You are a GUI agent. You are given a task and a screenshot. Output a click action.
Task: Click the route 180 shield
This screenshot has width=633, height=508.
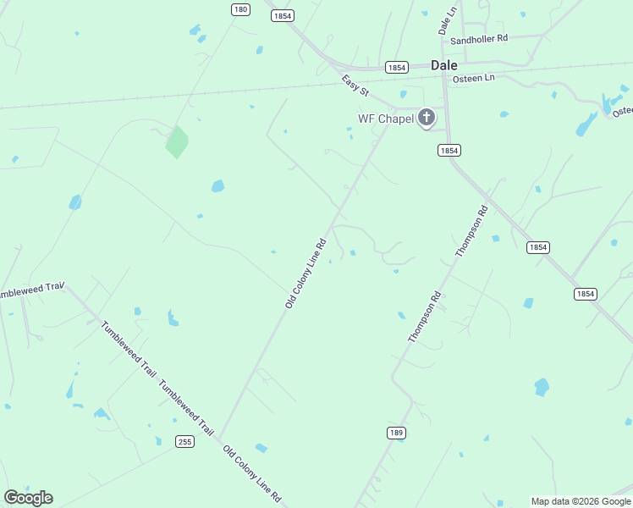tap(241, 9)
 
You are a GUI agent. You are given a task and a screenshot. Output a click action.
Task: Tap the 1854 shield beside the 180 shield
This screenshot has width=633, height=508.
tap(283, 15)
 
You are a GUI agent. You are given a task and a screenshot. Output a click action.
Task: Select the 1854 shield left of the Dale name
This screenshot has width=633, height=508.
tap(396, 67)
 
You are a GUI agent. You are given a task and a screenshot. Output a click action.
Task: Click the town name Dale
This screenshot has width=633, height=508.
tap(443, 64)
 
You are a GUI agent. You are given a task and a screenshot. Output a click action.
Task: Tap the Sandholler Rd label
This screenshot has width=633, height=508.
tap(479, 39)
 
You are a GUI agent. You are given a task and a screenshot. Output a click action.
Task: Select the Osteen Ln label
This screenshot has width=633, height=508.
tap(474, 78)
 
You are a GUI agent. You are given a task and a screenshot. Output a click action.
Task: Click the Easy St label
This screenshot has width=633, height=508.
tap(355, 86)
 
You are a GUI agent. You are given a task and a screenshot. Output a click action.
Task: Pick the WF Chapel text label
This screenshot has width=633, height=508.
tap(385, 119)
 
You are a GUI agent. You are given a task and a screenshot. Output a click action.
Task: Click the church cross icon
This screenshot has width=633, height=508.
tap(427, 118)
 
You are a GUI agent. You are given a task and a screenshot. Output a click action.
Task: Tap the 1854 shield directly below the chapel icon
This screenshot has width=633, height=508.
tap(449, 150)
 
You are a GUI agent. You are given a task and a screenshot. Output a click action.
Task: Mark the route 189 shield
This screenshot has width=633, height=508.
tap(395, 433)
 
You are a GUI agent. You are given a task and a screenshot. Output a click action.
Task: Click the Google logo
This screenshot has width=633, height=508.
tap(28, 497)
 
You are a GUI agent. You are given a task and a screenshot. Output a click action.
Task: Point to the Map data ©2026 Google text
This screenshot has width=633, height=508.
tap(581, 501)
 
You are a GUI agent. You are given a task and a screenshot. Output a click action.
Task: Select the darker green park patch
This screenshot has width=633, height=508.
tap(176, 142)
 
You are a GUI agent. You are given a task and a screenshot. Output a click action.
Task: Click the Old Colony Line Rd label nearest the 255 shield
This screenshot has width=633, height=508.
tap(251, 473)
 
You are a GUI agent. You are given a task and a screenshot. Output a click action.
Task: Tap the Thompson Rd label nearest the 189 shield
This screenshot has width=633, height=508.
tap(425, 317)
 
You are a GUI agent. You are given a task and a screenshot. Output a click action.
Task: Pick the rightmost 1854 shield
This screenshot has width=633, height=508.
tap(585, 294)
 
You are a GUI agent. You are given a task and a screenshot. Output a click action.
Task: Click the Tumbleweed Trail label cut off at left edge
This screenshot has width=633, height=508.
tap(31, 290)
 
